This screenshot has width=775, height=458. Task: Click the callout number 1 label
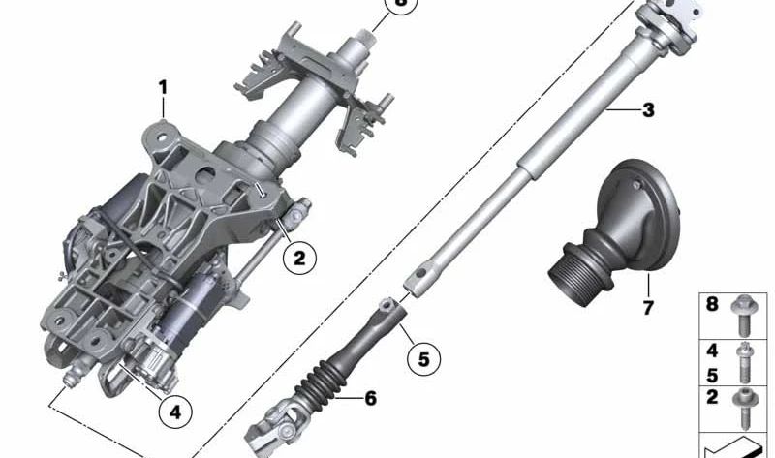[163, 87]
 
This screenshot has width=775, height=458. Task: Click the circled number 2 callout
[298, 258]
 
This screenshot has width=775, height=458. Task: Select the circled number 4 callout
[175, 412]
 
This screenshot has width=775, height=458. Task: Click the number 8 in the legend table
[712, 305]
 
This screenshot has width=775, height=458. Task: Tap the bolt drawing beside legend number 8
[745, 312]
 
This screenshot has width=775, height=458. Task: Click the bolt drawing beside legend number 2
[745, 401]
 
